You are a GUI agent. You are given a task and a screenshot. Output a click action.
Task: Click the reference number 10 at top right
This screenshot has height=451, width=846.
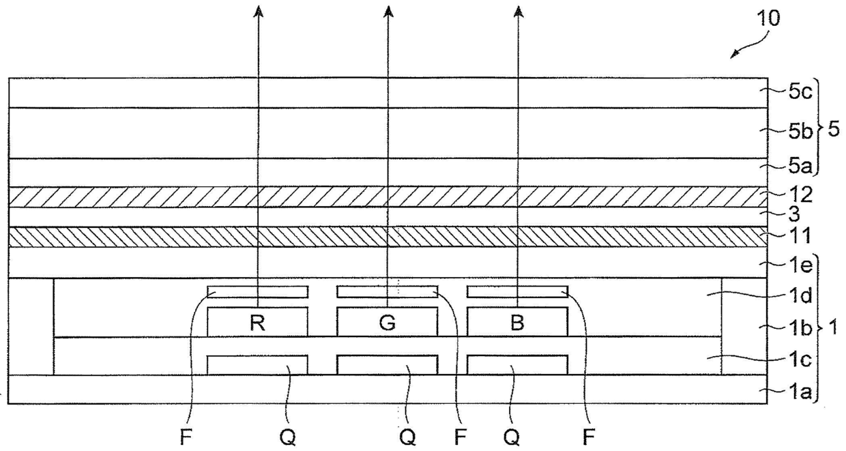(768, 18)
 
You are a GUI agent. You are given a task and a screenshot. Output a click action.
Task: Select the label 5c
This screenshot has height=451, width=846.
(800, 92)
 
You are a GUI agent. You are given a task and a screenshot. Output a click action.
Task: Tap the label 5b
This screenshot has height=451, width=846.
(800, 132)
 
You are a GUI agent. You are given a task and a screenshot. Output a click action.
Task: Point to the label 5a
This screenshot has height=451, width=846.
(800, 166)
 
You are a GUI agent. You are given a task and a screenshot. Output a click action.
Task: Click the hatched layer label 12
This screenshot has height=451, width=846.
(800, 195)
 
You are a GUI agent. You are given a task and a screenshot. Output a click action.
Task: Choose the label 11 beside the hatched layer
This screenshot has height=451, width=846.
(800, 235)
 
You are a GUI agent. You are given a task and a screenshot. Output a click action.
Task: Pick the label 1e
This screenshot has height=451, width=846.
(800, 266)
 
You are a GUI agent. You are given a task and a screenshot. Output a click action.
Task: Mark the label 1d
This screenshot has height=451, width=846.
(800, 295)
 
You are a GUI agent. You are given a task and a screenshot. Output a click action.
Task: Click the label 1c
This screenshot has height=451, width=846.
(800, 360)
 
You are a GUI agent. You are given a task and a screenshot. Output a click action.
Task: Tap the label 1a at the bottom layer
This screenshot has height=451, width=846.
(800, 393)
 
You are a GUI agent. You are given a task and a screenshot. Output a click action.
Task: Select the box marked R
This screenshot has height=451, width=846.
(258, 321)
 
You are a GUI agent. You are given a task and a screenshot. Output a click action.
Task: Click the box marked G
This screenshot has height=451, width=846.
(388, 321)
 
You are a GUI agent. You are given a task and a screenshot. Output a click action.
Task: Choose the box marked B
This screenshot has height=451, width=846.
(517, 321)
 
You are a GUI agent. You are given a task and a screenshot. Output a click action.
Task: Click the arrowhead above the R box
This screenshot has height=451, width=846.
(259, 11)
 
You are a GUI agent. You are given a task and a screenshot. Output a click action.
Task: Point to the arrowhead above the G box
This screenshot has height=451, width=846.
(388, 11)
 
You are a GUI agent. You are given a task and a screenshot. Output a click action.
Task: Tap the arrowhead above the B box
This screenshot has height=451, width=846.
(519, 11)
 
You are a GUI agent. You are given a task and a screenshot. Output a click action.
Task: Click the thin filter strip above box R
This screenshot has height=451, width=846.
(258, 291)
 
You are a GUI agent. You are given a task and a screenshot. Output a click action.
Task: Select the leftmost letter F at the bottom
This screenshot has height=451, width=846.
(186, 438)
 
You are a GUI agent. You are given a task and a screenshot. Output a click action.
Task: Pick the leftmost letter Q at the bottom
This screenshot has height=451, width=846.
(288, 438)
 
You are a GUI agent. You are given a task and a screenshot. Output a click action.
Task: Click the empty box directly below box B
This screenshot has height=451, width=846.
(517, 365)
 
